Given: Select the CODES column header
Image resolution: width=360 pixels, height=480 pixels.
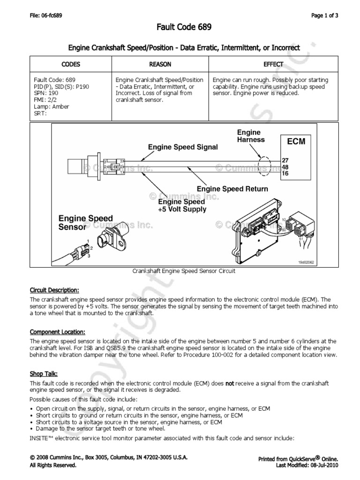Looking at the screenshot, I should point(71,64).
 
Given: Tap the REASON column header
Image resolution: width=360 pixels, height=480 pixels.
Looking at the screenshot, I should point(160,64).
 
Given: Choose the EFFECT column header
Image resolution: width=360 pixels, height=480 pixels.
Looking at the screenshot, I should point(273,64).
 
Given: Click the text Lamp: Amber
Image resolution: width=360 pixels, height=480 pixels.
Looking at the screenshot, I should point(52,106).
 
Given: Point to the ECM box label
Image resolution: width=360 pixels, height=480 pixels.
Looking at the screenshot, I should point(295,141).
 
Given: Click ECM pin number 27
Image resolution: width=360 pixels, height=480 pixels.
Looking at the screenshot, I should point(285,160).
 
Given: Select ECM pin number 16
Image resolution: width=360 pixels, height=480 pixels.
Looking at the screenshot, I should point(285,173).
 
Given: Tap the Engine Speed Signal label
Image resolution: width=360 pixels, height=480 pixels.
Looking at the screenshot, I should point(183,147).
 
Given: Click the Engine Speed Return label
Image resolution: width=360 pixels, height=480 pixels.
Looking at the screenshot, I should point(232,189).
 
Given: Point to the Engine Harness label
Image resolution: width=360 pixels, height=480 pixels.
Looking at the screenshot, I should point(251,136).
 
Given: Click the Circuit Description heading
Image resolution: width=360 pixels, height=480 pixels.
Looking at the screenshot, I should point(54,290).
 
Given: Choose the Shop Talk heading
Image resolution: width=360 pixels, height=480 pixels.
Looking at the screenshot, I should point(44,374).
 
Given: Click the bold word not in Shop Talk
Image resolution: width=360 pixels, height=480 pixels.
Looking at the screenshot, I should point(230,383).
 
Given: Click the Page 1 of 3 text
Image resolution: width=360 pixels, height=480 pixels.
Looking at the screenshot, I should point(325,15).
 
